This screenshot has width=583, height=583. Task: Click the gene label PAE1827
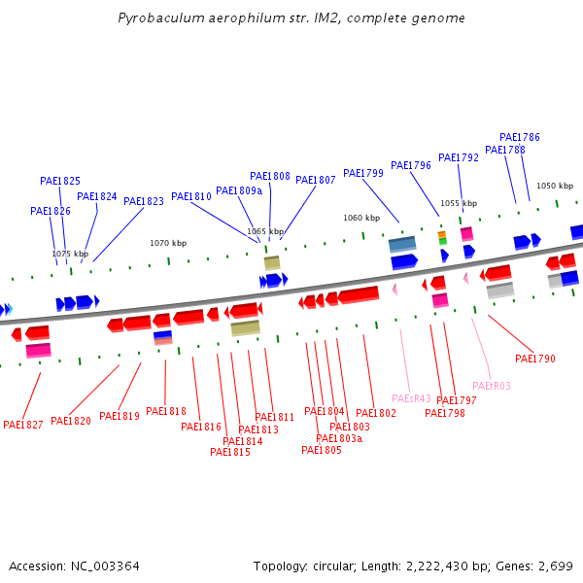point(23,425)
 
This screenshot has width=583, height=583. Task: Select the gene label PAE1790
point(535,359)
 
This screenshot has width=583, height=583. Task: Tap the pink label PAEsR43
point(411,398)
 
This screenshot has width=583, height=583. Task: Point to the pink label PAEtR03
point(491,386)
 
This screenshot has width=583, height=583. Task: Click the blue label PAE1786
point(520,137)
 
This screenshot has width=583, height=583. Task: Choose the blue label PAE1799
point(363,173)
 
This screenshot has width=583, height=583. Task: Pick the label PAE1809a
point(239,190)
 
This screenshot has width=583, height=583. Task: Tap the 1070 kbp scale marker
point(167,243)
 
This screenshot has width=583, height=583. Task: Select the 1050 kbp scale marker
point(555,186)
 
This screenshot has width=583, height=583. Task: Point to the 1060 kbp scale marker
point(360,218)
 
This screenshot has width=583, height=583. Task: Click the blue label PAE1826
point(51,211)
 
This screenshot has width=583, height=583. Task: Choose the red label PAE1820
point(71,421)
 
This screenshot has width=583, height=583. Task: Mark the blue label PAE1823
point(144,201)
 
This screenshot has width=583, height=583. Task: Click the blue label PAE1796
point(411,165)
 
